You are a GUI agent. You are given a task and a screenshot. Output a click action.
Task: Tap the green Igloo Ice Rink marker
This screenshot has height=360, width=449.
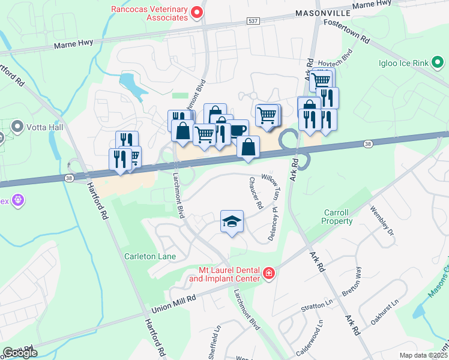[438, 61]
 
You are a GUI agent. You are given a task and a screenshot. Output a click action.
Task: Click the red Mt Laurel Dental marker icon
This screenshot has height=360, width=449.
[268, 274]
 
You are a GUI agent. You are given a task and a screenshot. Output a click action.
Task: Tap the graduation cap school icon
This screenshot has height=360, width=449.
[232, 221]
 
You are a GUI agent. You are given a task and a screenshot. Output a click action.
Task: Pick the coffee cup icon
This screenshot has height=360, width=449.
[238, 130]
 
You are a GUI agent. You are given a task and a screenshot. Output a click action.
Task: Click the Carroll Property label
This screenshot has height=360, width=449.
[339, 217]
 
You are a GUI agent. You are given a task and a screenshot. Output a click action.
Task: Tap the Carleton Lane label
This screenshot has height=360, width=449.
[150, 256]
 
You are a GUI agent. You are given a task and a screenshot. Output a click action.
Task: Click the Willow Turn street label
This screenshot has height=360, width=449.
[271, 188]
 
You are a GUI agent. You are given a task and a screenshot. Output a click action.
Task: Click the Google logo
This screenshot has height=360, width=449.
[20, 353]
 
